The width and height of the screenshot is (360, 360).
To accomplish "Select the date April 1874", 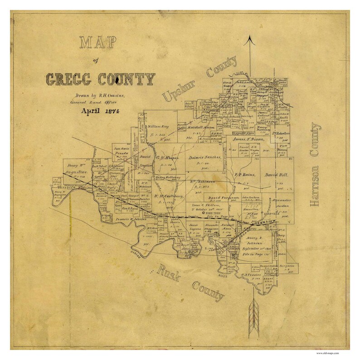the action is [x=97, y=111].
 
